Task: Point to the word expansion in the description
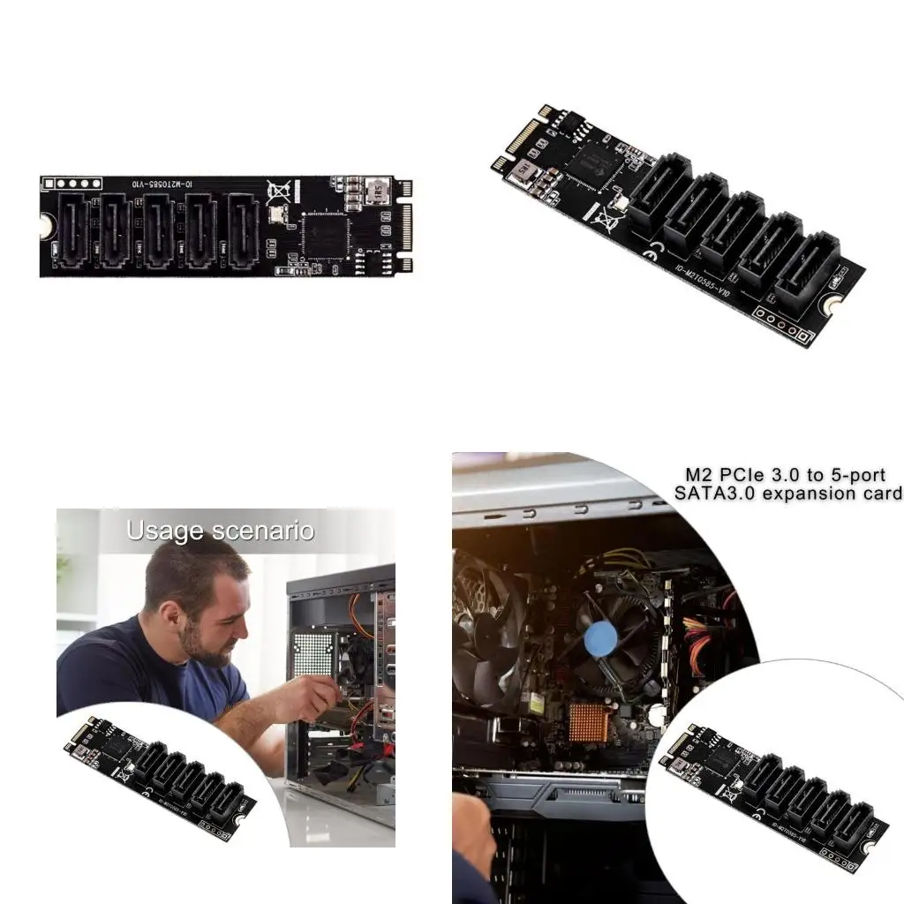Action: pos(801,493)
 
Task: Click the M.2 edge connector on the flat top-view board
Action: pos(405,228)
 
